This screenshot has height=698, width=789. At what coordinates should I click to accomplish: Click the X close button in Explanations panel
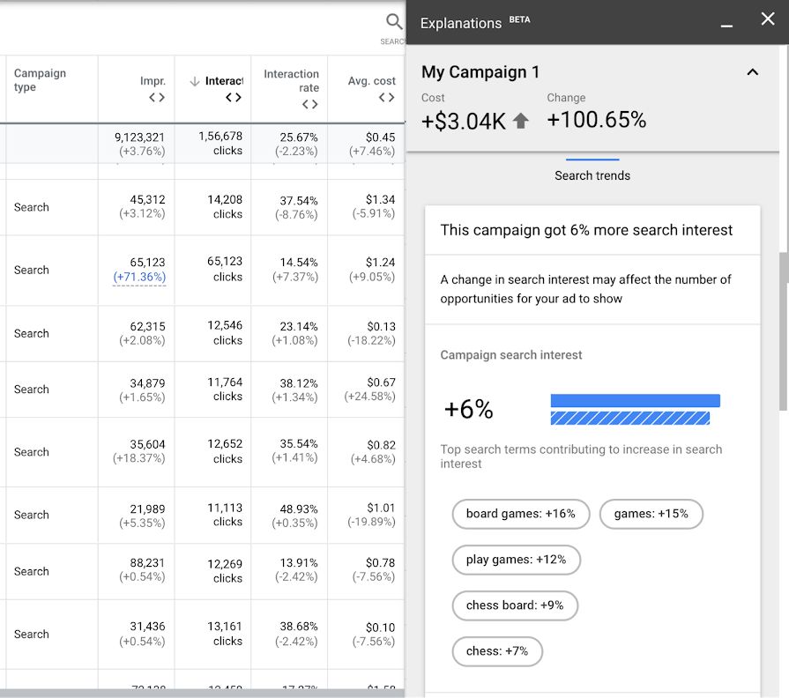click(x=767, y=19)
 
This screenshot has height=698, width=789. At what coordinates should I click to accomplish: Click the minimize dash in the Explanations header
click(x=726, y=24)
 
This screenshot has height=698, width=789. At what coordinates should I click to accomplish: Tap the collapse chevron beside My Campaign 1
click(x=752, y=72)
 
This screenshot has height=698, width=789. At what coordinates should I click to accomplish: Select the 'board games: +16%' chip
click(x=520, y=514)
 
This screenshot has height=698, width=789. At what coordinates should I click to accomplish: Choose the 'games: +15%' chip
click(x=651, y=514)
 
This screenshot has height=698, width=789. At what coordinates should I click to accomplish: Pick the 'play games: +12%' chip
click(x=516, y=560)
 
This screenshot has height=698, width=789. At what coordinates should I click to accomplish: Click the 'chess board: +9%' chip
click(x=514, y=605)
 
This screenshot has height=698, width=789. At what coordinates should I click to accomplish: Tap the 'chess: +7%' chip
click(x=496, y=651)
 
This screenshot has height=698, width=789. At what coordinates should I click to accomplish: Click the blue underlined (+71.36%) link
click(x=139, y=277)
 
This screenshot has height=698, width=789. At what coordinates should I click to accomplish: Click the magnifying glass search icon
click(x=394, y=22)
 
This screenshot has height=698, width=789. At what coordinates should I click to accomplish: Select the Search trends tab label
click(x=592, y=175)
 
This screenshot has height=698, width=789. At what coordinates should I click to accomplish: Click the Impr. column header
click(x=153, y=81)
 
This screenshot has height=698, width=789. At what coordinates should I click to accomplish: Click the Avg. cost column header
click(x=371, y=81)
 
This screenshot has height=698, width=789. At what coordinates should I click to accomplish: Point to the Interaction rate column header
click(x=291, y=81)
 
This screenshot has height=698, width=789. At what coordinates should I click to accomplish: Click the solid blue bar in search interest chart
click(x=635, y=401)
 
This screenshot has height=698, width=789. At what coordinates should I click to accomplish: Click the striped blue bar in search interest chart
click(x=629, y=418)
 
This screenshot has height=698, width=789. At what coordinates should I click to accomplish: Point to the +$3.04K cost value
click(x=464, y=121)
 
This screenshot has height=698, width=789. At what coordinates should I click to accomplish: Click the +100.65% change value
click(x=597, y=120)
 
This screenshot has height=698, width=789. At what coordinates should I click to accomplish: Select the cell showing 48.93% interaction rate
click(x=299, y=509)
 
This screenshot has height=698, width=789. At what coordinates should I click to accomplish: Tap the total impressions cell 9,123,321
click(x=139, y=137)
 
